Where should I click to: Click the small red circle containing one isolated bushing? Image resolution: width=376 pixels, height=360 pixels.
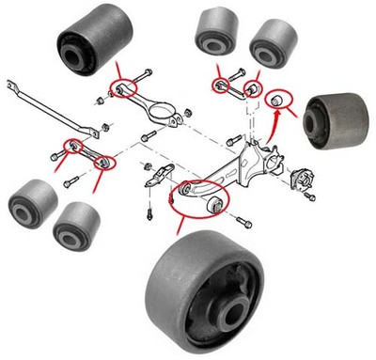tap(280, 100)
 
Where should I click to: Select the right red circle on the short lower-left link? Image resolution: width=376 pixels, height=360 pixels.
tap(105, 162)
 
